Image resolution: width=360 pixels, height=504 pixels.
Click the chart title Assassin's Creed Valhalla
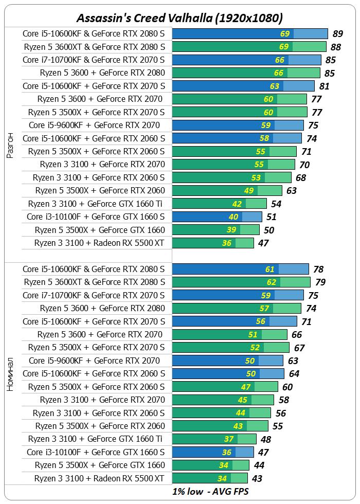point(179,18)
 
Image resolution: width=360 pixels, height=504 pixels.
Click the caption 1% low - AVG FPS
point(210,491)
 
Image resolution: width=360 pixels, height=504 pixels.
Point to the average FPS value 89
point(338,34)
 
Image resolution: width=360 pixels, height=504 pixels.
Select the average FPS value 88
point(336,47)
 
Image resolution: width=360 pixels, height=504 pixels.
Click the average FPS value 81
point(324,86)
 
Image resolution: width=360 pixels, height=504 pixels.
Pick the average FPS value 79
point(320,282)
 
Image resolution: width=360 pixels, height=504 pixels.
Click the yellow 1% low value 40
point(233,217)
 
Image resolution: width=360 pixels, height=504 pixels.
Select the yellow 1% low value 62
point(271,282)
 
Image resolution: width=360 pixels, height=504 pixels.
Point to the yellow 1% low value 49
point(249,190)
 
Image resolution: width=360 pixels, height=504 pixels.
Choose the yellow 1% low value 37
point(229,439)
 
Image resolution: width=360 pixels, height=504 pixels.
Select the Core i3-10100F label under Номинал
point(96,452)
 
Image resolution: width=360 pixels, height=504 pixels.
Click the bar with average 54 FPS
point(219,204)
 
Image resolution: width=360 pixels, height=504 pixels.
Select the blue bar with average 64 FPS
point(228,373)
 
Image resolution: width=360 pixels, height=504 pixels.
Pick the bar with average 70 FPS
point(233,165)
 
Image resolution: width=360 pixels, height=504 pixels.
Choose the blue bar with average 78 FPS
point(240,269)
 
